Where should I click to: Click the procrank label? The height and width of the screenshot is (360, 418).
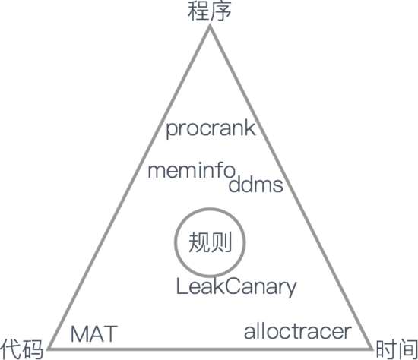click(x=211, y=129)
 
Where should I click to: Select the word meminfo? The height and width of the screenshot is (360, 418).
click(x=192, y=170)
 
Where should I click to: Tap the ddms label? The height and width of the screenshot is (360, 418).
click(x=255, y=184)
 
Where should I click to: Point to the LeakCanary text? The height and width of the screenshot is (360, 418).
click(x=236, y=287)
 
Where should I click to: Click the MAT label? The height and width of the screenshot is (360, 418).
click(x=93, y=334)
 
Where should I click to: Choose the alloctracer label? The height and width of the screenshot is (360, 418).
click(x=298, y=331)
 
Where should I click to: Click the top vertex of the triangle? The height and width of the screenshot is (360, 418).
click(x=210, y=25)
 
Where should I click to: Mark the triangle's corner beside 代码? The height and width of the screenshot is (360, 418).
click(x=48, y=349)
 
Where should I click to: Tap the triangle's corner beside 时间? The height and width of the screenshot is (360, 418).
click(x=372, y=349)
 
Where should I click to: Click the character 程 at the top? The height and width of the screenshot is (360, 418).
click(x=198, y=11)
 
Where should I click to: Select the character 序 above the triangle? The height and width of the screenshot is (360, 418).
click(x=220, y=11)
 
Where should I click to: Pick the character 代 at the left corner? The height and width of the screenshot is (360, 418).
click(x=11, y=349)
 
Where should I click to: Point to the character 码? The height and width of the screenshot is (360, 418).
click(x=33, y=349)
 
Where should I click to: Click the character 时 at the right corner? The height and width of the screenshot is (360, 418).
click(x=385, y=349)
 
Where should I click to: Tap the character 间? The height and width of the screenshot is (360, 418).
click(x=407, y=349)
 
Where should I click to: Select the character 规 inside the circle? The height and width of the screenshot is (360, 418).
click(x=199, y=242)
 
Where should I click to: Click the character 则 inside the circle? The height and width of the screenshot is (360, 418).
click(x=221, y=242)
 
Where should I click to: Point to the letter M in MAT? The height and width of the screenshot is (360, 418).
click(x=80, y=334)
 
